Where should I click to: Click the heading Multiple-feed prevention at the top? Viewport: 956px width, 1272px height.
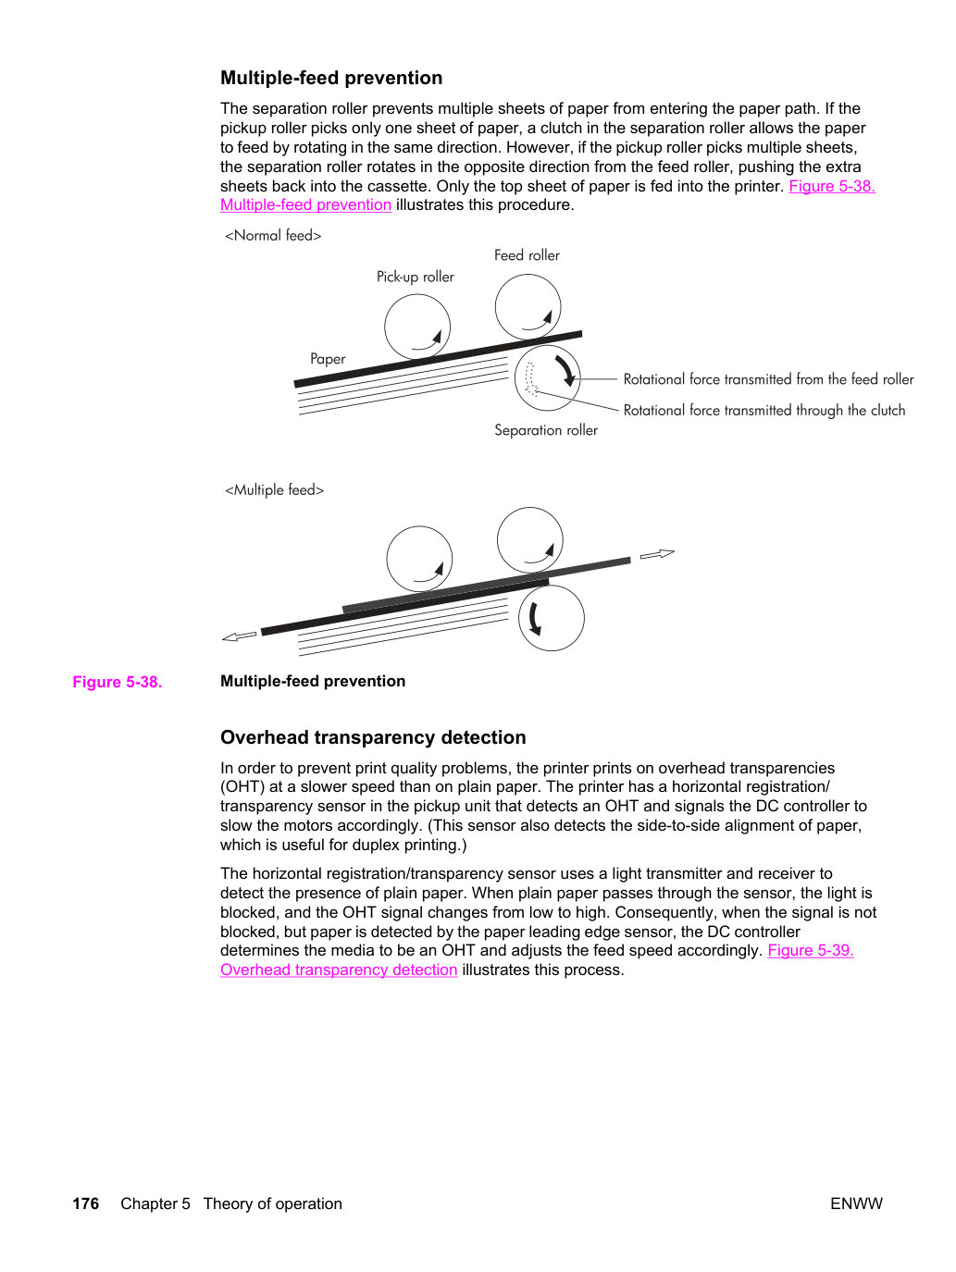pos(331,78)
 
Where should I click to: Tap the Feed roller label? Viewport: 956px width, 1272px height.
pos(527,255)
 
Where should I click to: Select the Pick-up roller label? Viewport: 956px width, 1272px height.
pos(416,277)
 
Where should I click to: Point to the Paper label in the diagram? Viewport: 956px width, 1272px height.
pos(328,359)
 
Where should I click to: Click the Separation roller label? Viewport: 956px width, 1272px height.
pos(545,430)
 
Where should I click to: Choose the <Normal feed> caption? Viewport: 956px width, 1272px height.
pos(273,235)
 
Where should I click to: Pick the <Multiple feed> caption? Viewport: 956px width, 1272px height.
pos(274,489)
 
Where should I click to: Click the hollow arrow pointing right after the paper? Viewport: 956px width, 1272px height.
pos(657,554)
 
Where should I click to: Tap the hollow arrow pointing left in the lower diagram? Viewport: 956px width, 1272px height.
pos(240,636)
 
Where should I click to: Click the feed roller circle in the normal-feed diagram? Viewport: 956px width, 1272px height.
pos(528,275)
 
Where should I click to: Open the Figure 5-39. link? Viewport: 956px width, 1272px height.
pos(811,950)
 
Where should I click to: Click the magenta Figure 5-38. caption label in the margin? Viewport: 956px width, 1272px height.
pos(118,682)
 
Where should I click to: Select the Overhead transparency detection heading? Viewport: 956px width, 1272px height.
pos(373,737)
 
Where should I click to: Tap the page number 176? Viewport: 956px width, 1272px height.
pos(85,1204)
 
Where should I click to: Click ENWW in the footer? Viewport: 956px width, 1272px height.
pos(856,1204)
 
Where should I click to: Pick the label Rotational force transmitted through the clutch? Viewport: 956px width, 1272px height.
pos(764,411)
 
